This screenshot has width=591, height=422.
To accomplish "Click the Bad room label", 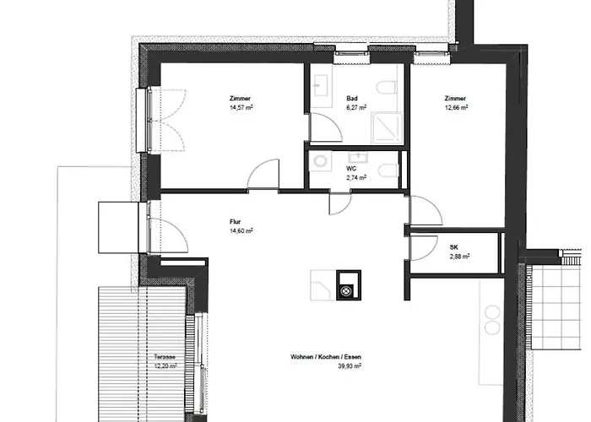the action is click(352, 99).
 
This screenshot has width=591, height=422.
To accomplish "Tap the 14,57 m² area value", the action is click(241, 107).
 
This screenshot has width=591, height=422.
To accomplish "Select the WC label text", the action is click(351, 169).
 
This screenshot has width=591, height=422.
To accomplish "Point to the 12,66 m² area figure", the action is click(456, 107).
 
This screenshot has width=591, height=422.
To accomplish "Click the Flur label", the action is click(235, 222).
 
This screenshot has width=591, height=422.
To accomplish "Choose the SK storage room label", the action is click(454, 247).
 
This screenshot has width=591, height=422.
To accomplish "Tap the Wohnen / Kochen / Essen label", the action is click(326, 357).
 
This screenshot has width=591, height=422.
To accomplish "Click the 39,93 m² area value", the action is click(350, 365).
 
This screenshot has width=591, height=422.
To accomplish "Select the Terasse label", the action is click(165, 357).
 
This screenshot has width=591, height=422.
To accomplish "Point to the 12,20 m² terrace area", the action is click(165, 365).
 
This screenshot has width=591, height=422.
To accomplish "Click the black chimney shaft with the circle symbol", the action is click(349, 285).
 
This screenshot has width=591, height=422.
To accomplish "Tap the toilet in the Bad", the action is click(387, 87).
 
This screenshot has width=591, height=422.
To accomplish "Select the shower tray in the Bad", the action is click(387, 128).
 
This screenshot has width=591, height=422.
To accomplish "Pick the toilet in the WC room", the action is click(388, 170).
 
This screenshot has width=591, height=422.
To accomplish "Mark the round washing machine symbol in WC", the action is click(321, 161).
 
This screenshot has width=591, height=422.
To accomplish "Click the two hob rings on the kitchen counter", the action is click(492, 320).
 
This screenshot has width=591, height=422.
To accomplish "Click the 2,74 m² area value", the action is click(356, 177).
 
